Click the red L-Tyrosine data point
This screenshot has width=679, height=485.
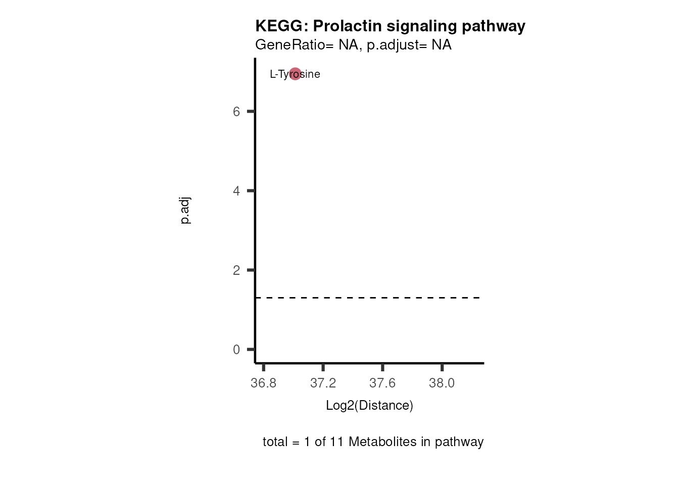[x=295, y=74]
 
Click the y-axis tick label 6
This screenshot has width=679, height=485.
[x=236, y=112]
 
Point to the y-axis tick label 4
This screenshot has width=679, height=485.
[x=236, y=191]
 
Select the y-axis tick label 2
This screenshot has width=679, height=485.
[x=236, y=270]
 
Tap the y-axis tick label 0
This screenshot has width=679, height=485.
[x=236, y=350]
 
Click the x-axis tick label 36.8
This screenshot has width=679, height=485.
[x=264, y=383]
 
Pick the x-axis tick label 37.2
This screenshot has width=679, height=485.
[x=323, y=383]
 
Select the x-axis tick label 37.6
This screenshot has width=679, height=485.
[x=382, y=383]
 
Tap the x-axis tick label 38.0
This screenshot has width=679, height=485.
[x=442, y=383]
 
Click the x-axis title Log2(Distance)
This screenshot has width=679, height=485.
[x=369, y=406]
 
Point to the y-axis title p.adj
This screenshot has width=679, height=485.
[x=185, y=211]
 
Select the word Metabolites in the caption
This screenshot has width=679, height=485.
[x=382, y=442]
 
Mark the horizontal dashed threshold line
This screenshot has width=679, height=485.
[x=369, y=298]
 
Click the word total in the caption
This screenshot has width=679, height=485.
[x=275, y=442]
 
